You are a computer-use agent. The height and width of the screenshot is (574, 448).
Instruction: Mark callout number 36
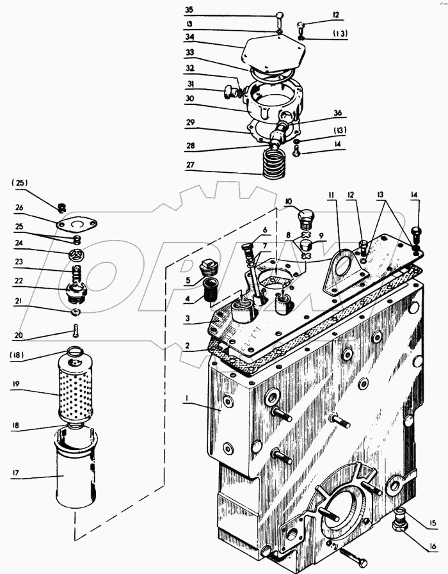coord(339,113)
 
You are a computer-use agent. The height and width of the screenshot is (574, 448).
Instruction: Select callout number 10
coord(289,202)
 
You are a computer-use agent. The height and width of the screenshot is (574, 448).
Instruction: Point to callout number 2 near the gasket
coord(186,345)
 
